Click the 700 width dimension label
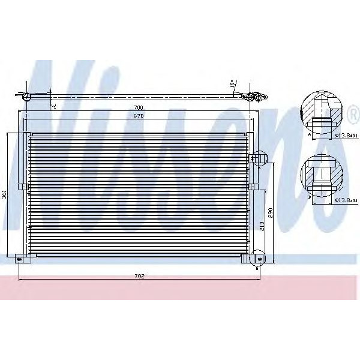coord(139,109)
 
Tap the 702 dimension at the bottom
coord(139,277)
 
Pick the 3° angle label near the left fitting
coord(53,106)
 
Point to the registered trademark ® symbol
coord(353,113)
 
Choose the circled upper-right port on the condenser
coord(258,158)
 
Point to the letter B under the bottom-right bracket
coord(257,269)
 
